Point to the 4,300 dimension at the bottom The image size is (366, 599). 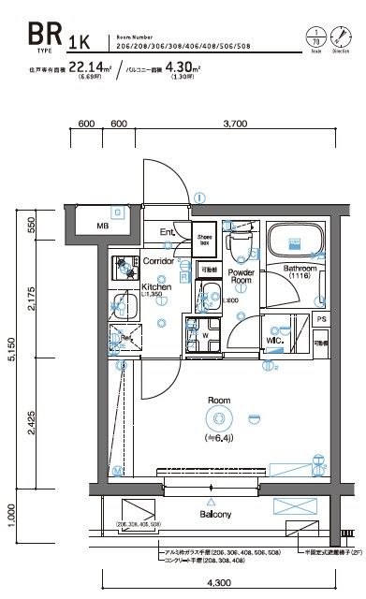tap(209, 583)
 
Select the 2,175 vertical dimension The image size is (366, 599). tap(31, 300)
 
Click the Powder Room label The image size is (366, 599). tap(242, 276)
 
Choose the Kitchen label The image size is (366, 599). tap(155, 287)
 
